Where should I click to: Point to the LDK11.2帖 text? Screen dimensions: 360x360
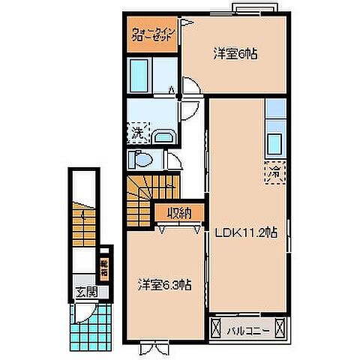(247, 232)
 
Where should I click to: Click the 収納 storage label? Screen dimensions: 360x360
(178, 213)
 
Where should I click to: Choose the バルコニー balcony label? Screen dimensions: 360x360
(247, 327)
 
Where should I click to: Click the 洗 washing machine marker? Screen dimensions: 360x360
(137, 135)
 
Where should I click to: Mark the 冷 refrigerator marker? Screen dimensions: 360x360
(274, 171)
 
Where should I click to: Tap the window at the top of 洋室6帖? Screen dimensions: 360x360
(254, 10)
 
